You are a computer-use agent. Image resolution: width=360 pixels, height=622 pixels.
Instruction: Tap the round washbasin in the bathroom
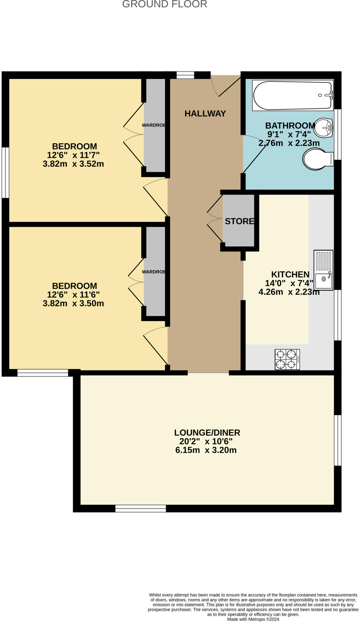click(x=324, y=128)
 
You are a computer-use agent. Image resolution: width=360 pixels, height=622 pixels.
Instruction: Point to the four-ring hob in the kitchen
click(x=287, y=359)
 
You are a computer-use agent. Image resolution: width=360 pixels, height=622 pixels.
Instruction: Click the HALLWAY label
click(x=205, y=114)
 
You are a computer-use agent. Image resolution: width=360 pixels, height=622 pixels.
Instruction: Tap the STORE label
click(x=239, y=221)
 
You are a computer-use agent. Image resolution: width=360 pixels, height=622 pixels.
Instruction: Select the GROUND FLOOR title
click(x=165, y=4)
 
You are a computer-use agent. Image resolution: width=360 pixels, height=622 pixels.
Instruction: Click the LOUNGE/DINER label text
click(x=207, y=432)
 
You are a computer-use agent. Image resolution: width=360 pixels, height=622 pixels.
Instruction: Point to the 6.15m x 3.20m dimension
click(x=206, y=450)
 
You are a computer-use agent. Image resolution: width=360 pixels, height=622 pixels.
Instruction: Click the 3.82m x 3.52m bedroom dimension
click(x=73, y=164)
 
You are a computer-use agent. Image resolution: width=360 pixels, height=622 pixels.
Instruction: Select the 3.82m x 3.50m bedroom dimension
click(x=73, y=303)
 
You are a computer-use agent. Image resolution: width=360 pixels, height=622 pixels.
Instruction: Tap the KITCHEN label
click(x=290, y=275)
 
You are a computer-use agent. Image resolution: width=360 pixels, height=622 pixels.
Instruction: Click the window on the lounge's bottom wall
click(x=141, y=508)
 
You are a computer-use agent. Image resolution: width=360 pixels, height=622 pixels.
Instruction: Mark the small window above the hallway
click(x=185, y=75)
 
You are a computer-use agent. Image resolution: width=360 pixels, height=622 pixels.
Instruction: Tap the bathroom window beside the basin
click(x=338, y=134)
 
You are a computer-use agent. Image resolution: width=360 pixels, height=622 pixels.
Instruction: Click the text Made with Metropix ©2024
click(x=253, y=619)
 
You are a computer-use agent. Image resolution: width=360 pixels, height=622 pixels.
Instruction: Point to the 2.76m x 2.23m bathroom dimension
click(x=289, y=143)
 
